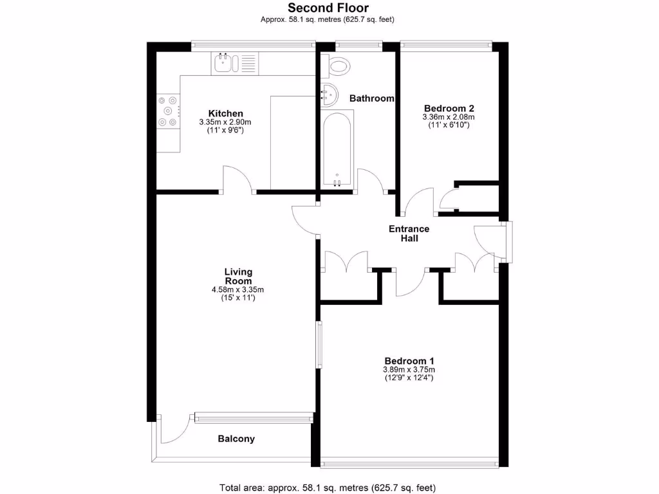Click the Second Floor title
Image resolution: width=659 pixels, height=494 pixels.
(x=328, y=8)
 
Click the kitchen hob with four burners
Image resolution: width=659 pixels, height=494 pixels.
(x=168, y=111)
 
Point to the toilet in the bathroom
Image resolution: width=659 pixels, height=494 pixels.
(x=338, y=64)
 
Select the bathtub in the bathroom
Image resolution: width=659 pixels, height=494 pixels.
(x=337, y=148)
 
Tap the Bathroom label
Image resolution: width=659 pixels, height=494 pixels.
(x=371, y=98)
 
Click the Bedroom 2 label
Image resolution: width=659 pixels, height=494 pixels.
(x=449, y=108)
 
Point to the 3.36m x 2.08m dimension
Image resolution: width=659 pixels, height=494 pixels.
(x=449, y=117)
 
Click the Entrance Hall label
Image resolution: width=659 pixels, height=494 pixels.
(x=409, y=233)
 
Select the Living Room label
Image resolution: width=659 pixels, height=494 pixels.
(x=238, y=277)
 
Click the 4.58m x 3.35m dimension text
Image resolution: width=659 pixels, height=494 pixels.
(x=237, y=289)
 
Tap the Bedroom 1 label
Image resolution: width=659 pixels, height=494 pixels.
(x=409, y=360)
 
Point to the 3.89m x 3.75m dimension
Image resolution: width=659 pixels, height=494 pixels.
(x=409, y=370)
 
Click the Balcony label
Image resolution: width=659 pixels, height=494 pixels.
(x=236, y=439)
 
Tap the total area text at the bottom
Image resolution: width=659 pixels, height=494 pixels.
(x=331, y=487)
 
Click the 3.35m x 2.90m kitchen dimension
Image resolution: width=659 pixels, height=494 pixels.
(x=225, y=122)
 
